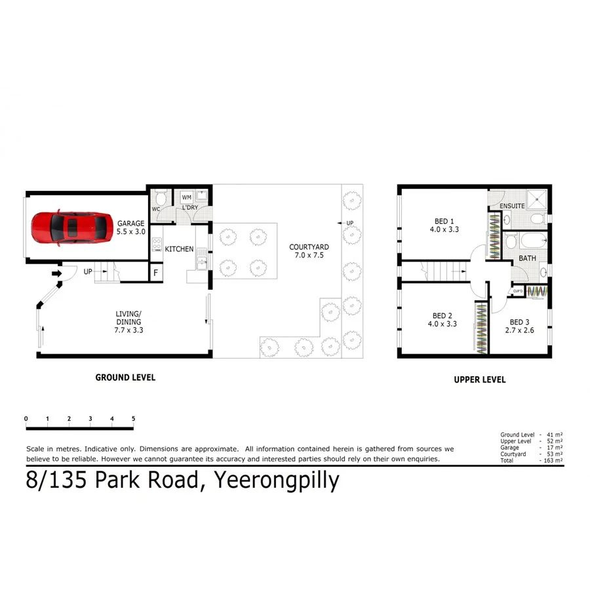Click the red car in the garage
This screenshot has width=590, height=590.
tap(71, 227)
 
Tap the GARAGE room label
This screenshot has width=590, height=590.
tap(131, 224)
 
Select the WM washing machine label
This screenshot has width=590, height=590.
tap(186, 197)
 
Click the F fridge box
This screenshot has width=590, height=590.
tap(155, 273)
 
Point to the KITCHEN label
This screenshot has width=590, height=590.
tap(179, 249)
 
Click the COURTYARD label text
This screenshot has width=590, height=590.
tap(309, 247)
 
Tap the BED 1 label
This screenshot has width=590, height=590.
tap(444, 221)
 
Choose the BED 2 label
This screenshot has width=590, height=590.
tap(443, 315)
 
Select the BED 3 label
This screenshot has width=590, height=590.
tap(520, 322)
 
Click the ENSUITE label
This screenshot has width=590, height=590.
tap(512, 206)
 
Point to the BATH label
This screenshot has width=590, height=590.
tap(527, 258)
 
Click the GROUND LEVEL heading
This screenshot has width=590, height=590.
tap(125, 378)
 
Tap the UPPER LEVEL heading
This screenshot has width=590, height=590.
tap(480, 380)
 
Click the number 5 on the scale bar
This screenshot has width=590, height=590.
tap(133, 418)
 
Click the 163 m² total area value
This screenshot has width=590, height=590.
tap(553, 461)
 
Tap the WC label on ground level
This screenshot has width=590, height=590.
tap(156, 209)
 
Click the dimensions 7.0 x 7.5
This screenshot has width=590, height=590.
tap(309, 256)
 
